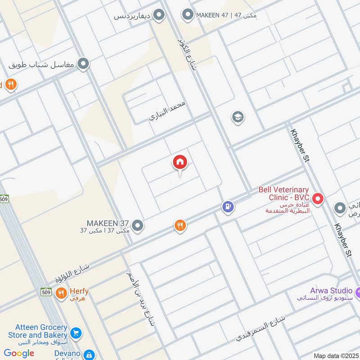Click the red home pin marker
point(180,163)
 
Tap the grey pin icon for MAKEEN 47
point(187,15)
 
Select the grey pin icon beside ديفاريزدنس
point(158,16)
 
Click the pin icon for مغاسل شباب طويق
point(83,64)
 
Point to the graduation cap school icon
point(238,117)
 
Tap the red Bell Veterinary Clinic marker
point(318,198)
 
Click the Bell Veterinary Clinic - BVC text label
point(283,193)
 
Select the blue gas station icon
point(228,207)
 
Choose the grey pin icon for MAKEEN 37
point(138,225)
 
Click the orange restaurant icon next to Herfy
point(61,294)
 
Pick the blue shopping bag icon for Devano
point(89,355)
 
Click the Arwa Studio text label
point(331,291)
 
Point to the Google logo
point(19,353)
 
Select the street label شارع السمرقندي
point(261,331)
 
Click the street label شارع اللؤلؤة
point(72,273)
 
